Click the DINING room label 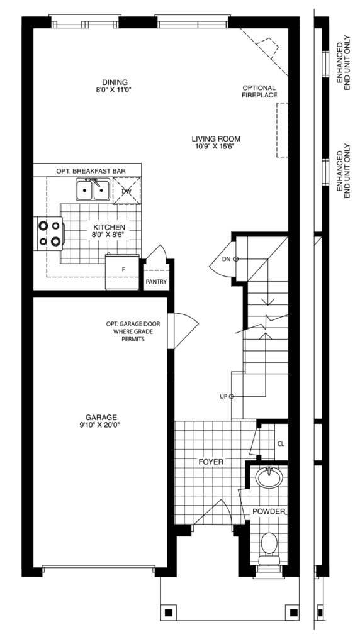(x=115, y=82)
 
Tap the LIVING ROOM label (x=216, y=139)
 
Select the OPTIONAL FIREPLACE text (x=259, y=91)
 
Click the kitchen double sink (x=93, y=189)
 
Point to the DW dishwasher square (x=127, y=190)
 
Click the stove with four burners (x=50, y=233)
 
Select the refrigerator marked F (x=123, y=272)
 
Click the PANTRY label (x=156, y=282)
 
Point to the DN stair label (x=226, y=258)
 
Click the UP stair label (x=224, y=396)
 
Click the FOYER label (x=211, y=462)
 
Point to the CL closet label (x=281, y=444)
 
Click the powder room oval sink (x=269, y=477)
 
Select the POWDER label (x=269, y=511)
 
